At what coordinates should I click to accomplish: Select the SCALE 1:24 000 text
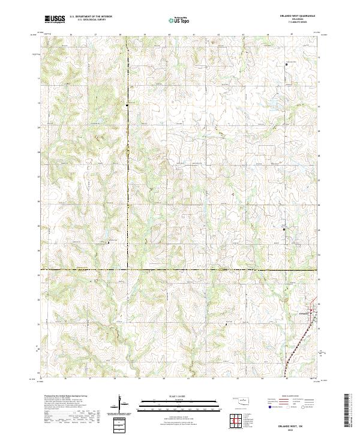(x=170, y=395)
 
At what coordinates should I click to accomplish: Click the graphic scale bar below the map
(x=170, y=404)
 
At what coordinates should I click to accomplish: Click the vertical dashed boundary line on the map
(x=127, y=180)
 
